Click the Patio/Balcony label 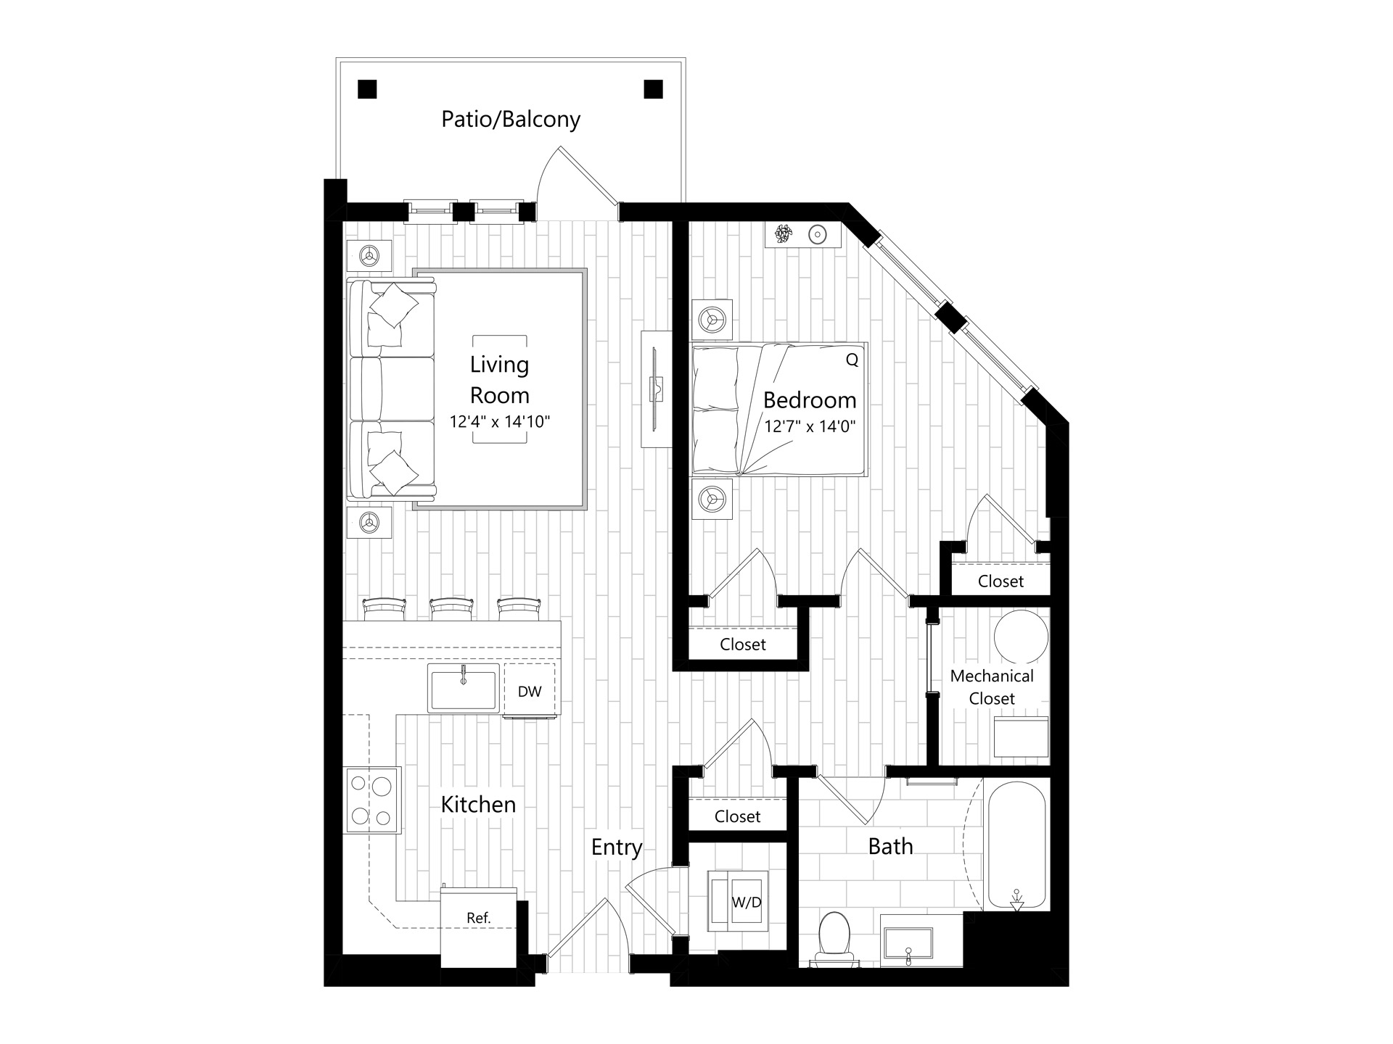(x=511, y=119)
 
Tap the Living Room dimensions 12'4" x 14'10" (x=500, y=421)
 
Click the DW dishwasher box (x=530, y=691)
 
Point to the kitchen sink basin (x=464, y=689)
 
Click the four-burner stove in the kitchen (x=371, y=800)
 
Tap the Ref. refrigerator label (x=479, y=918)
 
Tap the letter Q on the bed (x=852, y=360)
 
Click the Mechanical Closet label (x=992, y=687)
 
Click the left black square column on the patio (x=368, y=89)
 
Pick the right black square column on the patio (x=654, y=89)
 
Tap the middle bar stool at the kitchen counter (x=451, y=609)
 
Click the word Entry (x=617, y=848)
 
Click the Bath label (x=890, y=846)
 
